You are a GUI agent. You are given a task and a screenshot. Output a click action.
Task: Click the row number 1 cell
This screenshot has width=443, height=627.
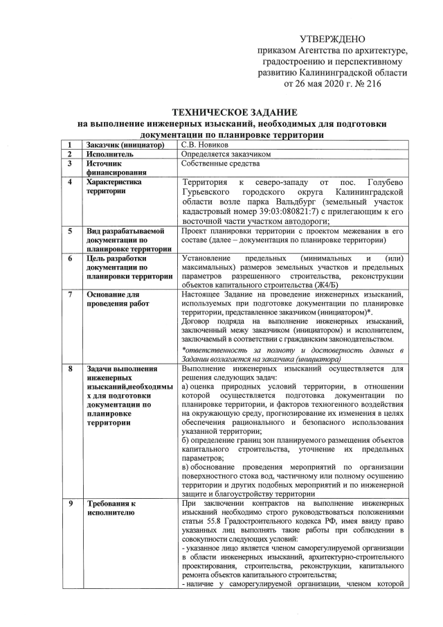pyautogui.click(x=69, y=144)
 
